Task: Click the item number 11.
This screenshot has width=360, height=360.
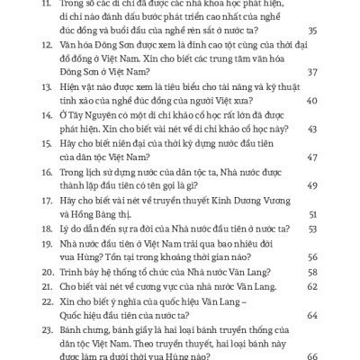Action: tap(47, 5)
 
